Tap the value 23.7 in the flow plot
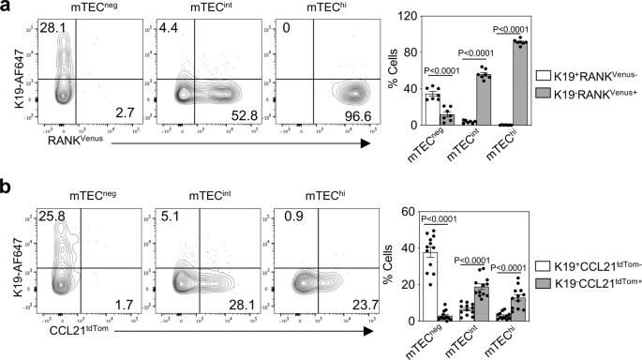click(352, 303)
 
